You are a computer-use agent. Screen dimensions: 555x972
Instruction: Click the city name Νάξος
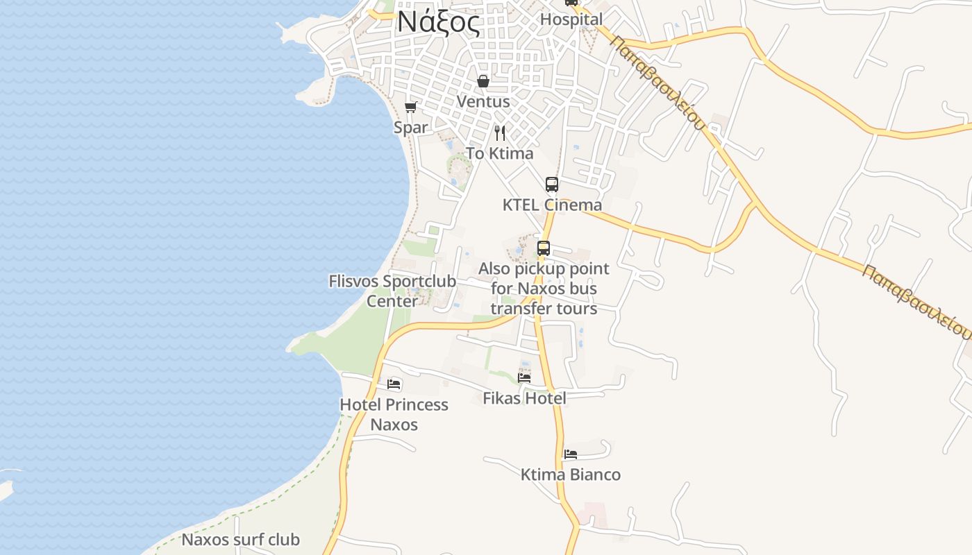click(437, 24)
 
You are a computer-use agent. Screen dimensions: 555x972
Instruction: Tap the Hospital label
click(571, 19)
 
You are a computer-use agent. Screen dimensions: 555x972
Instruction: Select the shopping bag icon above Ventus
click(483, 82)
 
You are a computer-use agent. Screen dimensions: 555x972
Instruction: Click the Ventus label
click(483, 101)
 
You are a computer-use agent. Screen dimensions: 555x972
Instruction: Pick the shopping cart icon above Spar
click(410, 108)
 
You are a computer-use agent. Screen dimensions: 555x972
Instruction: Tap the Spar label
click(410, 128)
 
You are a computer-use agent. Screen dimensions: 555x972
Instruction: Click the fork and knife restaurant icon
click(500, 133)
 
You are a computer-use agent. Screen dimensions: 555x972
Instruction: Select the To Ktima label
click(500, 153)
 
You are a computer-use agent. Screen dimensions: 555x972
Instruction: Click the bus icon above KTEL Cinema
click(552, 185)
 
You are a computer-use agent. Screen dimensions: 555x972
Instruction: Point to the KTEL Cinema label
click(552, 205)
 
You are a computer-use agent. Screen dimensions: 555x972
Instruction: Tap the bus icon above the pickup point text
click(544, 248)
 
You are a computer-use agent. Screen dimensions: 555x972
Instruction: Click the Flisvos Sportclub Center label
click(392, 291)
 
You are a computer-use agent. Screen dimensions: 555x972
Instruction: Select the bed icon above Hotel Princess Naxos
click(394, 384)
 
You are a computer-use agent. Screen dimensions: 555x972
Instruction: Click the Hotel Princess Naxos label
click(394, 414)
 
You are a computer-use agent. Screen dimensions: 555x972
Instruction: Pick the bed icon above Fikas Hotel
click(524, 378)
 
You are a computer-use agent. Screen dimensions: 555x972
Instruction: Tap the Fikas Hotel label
click(524, 398)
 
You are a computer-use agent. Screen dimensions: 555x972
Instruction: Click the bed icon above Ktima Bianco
click(571, 454)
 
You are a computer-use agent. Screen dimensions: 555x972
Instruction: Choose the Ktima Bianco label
click(571, 475)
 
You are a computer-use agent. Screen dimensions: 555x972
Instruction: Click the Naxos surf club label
click(240, 540)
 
